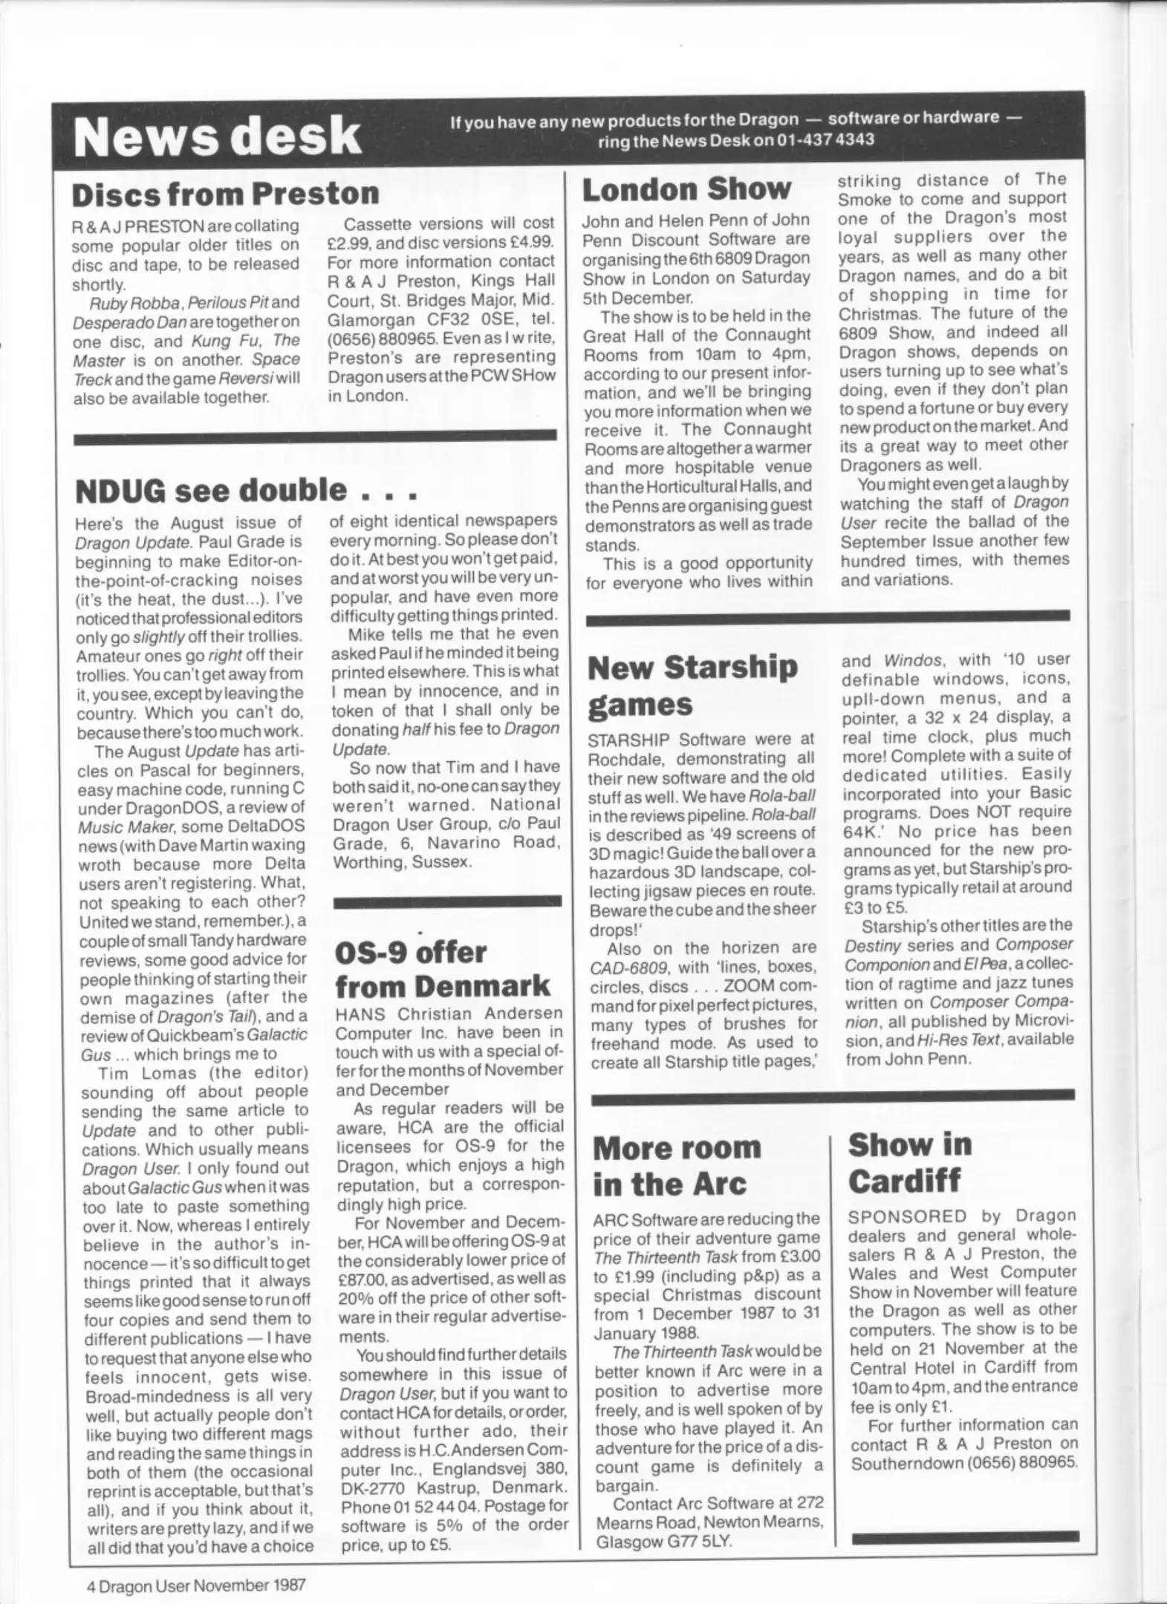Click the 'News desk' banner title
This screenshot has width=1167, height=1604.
[x=217, y=137]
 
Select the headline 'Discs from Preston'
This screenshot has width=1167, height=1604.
[x=225, y=193]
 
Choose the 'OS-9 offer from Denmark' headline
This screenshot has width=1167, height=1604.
[x=443, y=969]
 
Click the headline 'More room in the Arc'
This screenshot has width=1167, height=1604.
[x=677, y=1165]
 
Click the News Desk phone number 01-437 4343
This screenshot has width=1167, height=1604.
[x=816, y=140]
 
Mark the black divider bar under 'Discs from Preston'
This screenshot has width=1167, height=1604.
[x=315, y=437]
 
